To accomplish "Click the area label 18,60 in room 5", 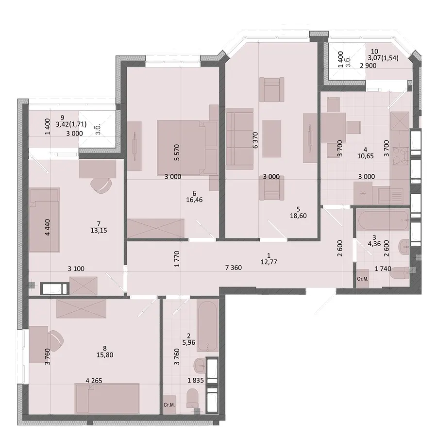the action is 298,216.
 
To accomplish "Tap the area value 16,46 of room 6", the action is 194,200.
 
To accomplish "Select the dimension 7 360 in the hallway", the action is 234,268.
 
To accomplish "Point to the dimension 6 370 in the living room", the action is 255,140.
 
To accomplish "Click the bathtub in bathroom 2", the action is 208,326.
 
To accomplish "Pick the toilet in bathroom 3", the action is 400,273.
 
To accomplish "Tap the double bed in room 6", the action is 187,148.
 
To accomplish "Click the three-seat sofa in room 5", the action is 240,138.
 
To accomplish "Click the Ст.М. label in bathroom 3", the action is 363,279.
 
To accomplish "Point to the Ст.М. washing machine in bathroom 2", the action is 169,404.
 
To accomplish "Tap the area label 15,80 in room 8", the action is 105,355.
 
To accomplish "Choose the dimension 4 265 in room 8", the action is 94,380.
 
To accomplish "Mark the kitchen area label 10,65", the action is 365,156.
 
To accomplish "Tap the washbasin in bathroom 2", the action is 200,365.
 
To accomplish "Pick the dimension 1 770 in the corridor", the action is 176,259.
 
